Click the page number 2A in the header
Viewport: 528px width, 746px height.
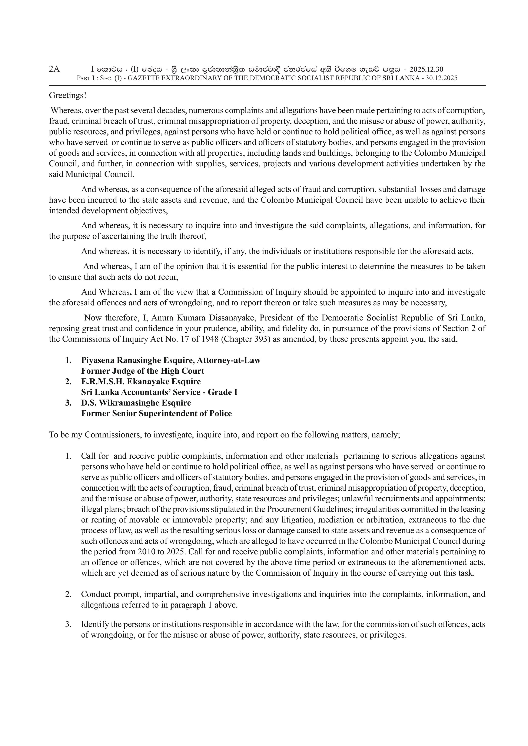[x=54, y=69]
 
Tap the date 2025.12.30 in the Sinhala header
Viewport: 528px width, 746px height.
[x=426, y=69]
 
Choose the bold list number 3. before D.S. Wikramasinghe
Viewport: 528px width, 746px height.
[x=68, y=403]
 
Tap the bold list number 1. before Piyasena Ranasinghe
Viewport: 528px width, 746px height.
[x=68, y=360]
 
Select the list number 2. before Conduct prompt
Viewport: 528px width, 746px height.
[x=68, y=594]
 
